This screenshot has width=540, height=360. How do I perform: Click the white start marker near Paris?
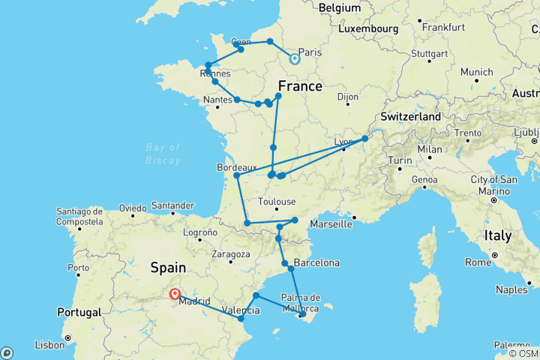pos(294,58)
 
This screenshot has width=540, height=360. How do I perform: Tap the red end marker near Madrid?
pos(175,295)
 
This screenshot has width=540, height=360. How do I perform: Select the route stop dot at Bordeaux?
pos(237,175)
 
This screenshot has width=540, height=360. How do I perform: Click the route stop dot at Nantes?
pos(237,99)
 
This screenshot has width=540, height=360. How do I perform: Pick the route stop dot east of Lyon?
pos(365,139)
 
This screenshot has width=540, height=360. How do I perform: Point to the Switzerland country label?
pos(410,118)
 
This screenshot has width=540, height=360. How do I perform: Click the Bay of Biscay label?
pos(163,154)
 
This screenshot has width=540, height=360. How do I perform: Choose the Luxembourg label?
pos(367,28)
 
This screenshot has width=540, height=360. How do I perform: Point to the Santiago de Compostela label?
pos(79,217)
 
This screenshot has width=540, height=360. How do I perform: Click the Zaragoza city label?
pos(230,254)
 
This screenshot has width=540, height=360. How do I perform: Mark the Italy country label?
pos(497,235)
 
